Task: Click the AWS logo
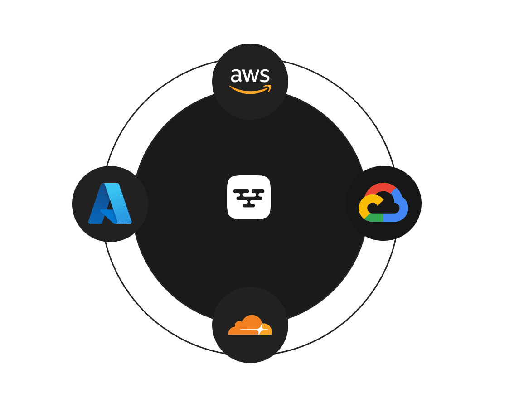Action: (250, 81)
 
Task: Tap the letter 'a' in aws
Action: (236, 76)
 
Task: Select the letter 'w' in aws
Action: (249, 76)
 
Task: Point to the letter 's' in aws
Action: (264, 76)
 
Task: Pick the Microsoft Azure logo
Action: (110, 204)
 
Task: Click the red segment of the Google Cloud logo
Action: (381, 188)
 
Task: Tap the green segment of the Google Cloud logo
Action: (373, 218)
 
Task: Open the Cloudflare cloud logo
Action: (250, 325)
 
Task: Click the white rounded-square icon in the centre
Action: (249, 197)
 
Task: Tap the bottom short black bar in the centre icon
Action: (249, 205)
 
